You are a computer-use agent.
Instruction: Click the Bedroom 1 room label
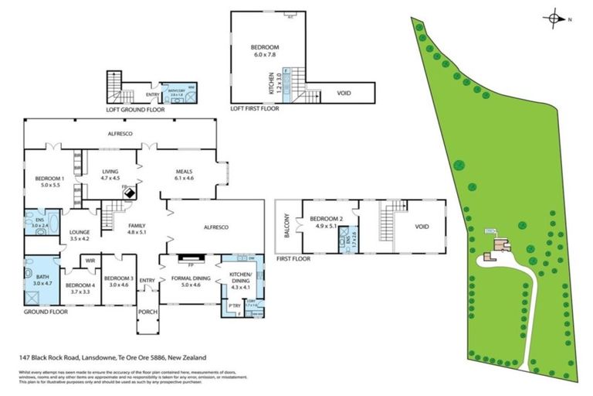(44, 182)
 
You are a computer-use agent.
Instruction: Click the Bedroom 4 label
(81, 288)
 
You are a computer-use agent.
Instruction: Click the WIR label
(90, 261)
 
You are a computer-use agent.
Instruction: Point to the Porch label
(147, 312)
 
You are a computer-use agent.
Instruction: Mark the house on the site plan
(499, 248)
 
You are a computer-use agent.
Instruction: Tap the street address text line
(114, 357)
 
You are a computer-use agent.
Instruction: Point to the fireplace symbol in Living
(128, 193)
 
